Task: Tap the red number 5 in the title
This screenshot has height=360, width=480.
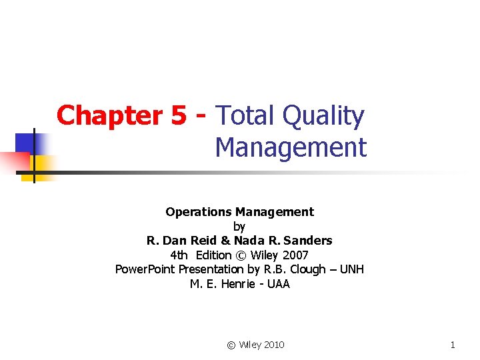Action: pos(179,116)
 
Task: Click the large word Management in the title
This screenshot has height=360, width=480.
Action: pos(291,147)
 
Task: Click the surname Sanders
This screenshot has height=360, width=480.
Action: pos(307,240)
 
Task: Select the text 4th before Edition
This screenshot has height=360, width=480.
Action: pos(179,255)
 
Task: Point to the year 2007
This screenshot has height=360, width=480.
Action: pos(294,255)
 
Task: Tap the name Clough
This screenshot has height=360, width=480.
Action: pos(311,269)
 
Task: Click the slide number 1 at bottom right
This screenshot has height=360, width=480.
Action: pos(453,345)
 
